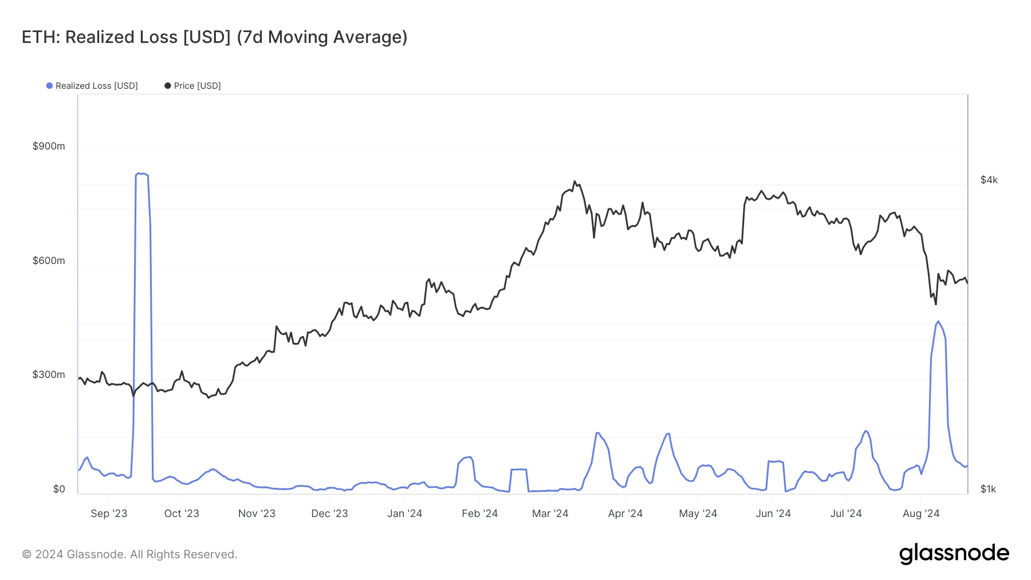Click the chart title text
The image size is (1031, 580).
214,37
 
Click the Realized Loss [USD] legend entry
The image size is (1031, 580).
92,86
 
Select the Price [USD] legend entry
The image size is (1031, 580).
192,86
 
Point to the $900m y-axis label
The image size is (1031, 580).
49,146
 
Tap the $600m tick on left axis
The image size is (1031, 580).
49,261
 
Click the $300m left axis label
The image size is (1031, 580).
49,374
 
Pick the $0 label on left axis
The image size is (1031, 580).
59,489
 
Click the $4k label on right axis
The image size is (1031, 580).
989,180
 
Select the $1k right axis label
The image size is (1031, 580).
988,489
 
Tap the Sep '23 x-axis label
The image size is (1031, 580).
109,514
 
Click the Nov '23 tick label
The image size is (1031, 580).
257,514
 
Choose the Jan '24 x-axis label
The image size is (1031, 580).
404,514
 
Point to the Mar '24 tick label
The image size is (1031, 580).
550,514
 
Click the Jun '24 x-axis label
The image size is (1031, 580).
773,514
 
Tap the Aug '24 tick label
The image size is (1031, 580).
920,514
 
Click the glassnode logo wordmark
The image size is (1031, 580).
954,554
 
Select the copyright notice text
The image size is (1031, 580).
129,554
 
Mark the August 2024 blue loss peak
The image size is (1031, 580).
938,322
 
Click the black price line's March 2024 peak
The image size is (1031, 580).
574,182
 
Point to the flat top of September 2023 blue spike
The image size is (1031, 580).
142,174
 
